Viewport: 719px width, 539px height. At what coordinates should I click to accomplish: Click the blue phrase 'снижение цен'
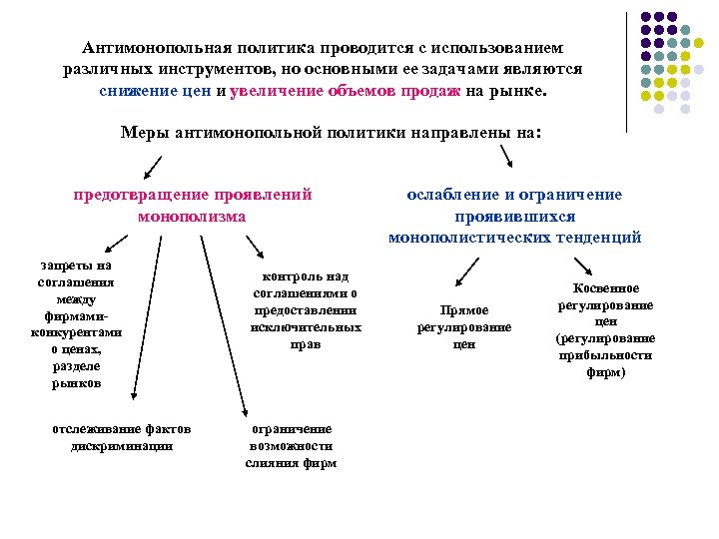point(155,91)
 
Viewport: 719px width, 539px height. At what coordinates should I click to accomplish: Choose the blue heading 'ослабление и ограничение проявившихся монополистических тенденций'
point(514,216)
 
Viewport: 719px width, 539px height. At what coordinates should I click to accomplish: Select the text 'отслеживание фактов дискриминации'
point(122,437)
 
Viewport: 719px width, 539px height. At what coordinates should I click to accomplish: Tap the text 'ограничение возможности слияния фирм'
point(291,446)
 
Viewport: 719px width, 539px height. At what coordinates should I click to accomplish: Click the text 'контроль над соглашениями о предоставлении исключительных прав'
point(306,310)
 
